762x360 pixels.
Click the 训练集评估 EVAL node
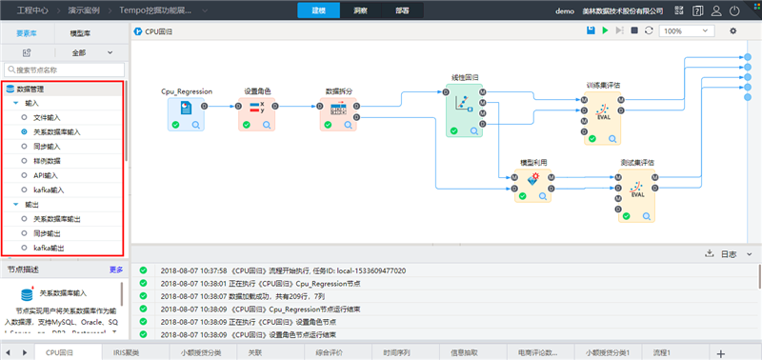[x=603, y=116]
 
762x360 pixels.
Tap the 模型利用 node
[x=533, y=183]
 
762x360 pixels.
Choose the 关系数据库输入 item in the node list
[x=57, y=131]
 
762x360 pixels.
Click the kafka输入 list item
[x=50, y=190]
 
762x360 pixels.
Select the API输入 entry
[x=47, y=175]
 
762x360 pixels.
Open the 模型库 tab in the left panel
[x=81, y=32]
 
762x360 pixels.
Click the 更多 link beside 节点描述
[x=116, y=270]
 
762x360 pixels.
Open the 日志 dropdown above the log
[x=732, y=254]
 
